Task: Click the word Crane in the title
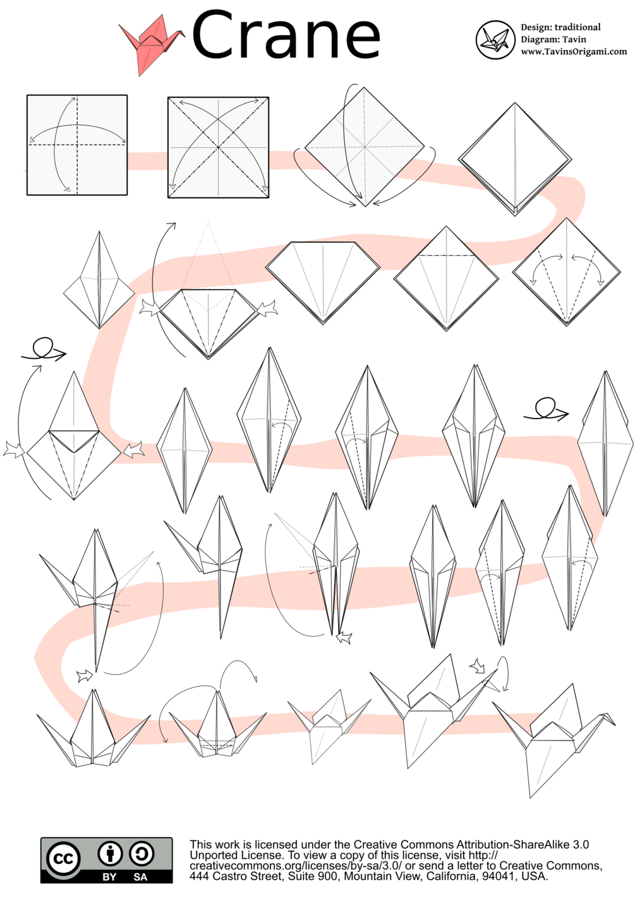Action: (286, 35)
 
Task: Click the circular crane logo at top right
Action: (495, 40)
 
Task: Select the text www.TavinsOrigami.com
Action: (574, 51)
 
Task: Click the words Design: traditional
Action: (560, 27)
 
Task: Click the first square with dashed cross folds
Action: (77, 145)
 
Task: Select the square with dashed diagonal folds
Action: (218, 147)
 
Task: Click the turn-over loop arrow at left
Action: (44, 350)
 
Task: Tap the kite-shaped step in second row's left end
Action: (99, 280)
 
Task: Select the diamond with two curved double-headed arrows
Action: (567, 272)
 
